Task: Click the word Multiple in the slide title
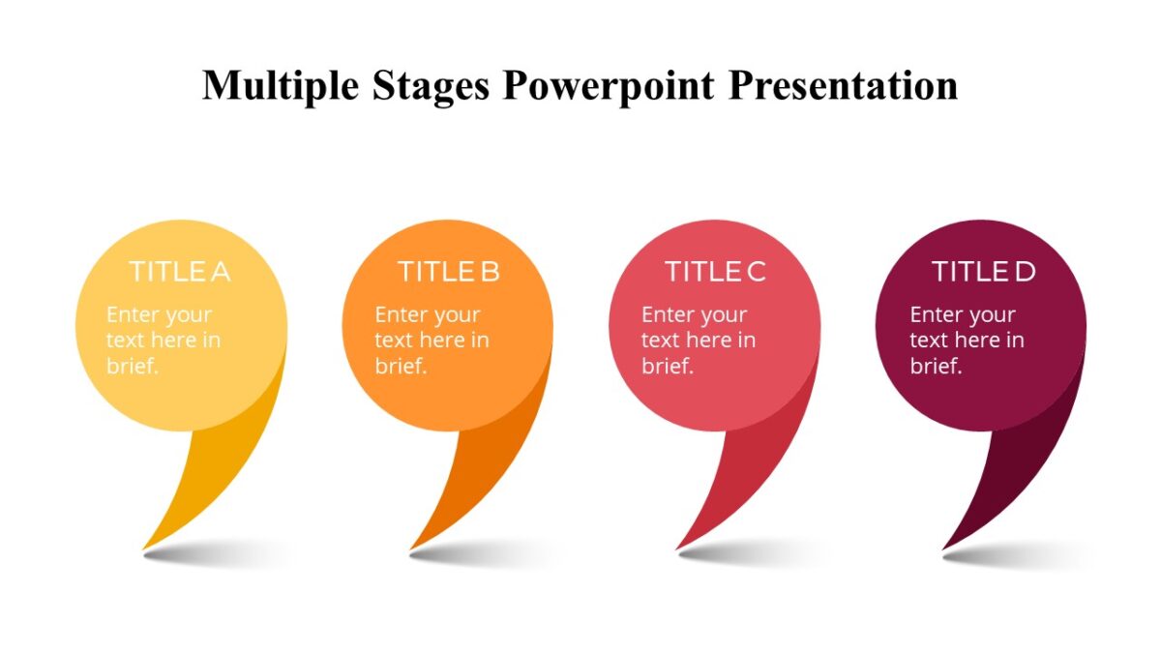pyautogui.click(x=281, y=85)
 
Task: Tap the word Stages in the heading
pyautogui.click(x=432, y=85)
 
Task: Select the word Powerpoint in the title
pyautogui.click(x=610, y=85)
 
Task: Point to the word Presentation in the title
pyautogui.click(x=843, y=85)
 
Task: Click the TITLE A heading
pyautogui.click(x=180, y=272)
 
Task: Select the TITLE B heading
pyautogui.click(x=448, y=272)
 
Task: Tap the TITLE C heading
pyautogui.click(x=715, y=272)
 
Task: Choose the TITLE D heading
pyautogui.click(x=983, y=272)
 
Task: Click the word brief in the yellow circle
pyautogui.click(x=132, y=366)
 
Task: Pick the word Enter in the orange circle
pyautogui.click(x=401, y=315)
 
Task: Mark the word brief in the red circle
pyautogui.click(x=667, y=366)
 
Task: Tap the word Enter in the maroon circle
pyautogui.click(x=937, y=315)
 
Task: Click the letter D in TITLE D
pyautogui.click(x=1024, y=272)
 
